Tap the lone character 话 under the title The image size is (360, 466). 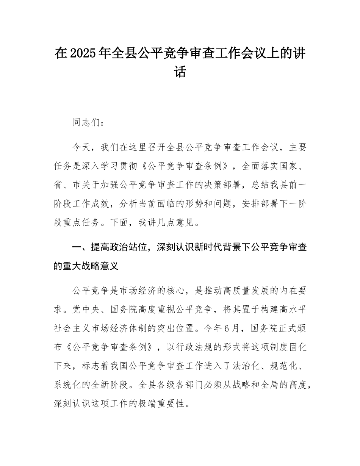(x=180, y=71)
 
